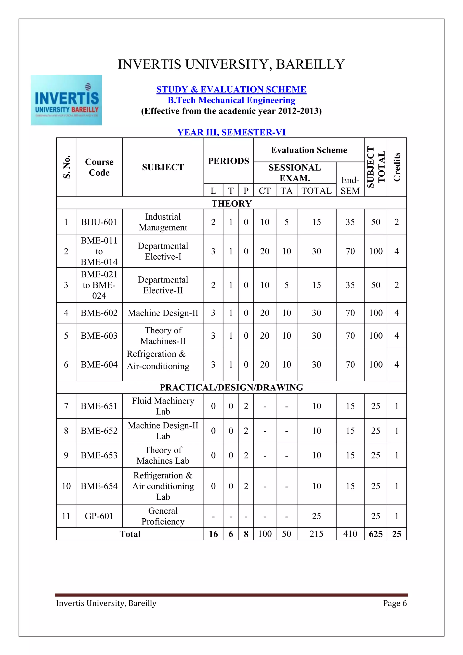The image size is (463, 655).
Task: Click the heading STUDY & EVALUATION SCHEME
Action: pos(231,89)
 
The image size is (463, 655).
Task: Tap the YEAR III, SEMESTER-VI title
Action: pos(231,132)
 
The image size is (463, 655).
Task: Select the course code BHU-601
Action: pos(99,222)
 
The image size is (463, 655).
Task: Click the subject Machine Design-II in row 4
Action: pos(163,313)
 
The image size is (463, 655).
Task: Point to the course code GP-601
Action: pos(99,516)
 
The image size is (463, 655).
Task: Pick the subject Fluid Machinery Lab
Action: pos(163,406)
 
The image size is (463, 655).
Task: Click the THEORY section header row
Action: pos(231,203)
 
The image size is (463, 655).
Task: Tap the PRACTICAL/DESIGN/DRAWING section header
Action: pos(231,387)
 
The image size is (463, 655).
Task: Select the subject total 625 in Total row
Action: pos(376,534)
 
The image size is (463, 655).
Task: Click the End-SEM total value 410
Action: pos(350,534)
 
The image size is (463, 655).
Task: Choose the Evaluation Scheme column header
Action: pos(309,150)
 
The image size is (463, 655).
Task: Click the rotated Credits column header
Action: pos(397,167)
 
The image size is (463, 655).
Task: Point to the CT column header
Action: pos(265,191)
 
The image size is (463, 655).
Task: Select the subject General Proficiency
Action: pos(163,516)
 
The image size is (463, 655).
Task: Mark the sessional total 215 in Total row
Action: pos(316,534)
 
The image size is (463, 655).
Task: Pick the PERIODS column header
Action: pos(228,161)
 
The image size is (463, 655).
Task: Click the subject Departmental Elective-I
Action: pos(163,251)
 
